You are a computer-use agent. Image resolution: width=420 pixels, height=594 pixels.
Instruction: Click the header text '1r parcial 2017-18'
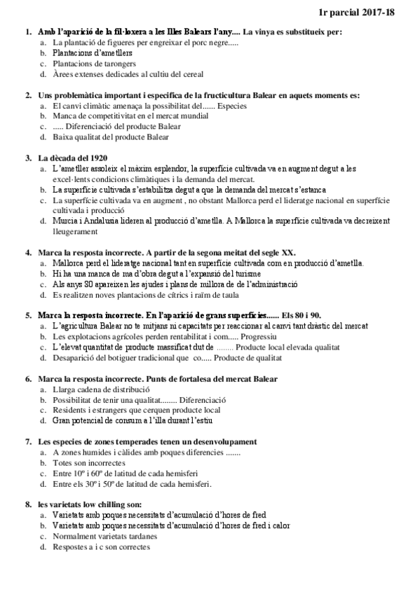click(377, 12)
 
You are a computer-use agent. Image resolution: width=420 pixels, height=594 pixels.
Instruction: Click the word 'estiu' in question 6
click(203, 421)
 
